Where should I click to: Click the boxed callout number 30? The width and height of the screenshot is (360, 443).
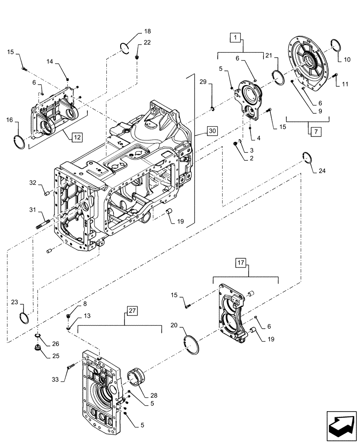[x=212, y=131]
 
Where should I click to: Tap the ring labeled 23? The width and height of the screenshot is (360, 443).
[x=25, y=318]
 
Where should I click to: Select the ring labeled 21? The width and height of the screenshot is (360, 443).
[x=278, y=76]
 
